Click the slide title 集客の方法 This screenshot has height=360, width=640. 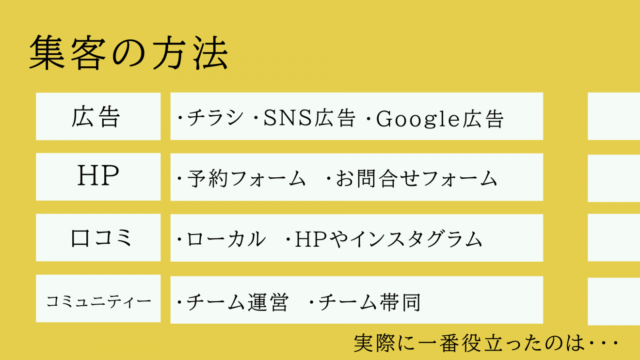(128, 53)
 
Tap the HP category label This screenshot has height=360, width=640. (98, 175)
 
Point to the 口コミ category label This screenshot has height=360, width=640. (101, 238)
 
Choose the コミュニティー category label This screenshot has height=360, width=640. (98, 301)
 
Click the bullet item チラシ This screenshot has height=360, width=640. (215, 118)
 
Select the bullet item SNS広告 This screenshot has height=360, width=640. (309, 118)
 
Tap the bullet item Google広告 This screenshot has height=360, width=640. (440, 119)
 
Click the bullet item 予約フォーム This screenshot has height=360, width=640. (246, 178)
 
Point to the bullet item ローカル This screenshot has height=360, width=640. (226, 239)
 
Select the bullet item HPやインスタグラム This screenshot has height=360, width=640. (388, 239)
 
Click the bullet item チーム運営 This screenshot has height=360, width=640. (238, 302)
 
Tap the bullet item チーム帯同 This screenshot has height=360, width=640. (369, 302)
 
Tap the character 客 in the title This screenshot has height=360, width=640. (89, 53)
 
